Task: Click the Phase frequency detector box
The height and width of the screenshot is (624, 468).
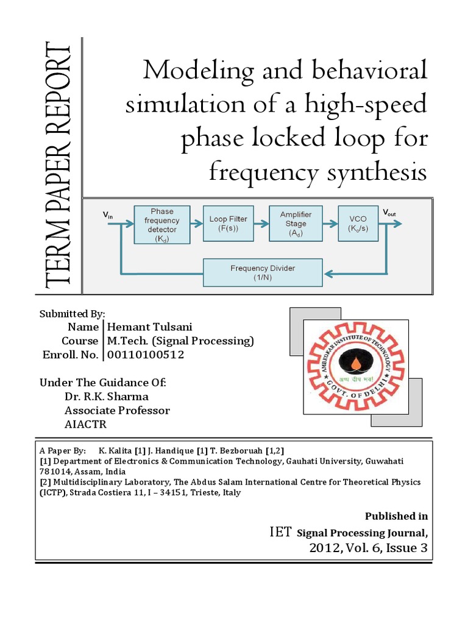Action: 162,224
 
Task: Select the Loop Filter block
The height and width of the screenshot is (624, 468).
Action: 229,224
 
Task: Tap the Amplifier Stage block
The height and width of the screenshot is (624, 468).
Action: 295,224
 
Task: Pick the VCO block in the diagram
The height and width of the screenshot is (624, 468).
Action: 358,224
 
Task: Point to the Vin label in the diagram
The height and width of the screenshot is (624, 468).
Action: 107,214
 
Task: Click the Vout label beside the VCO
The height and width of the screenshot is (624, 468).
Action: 389,213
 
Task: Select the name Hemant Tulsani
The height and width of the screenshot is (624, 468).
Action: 147,327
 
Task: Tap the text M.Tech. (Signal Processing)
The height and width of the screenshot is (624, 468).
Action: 180,341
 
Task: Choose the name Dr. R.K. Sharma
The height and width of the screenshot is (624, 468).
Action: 106,397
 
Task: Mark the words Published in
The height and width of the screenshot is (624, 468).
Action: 396,516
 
